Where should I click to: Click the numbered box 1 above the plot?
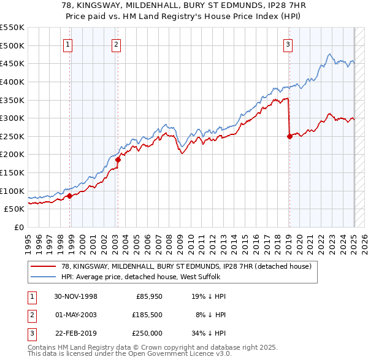point(67,44)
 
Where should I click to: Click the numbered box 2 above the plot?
point(116,44)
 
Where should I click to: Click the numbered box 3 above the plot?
point(288,44)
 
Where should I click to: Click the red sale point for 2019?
point(289,137)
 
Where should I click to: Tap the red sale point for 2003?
point(118,160)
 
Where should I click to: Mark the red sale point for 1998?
point(70,196)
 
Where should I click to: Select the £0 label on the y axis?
point(18,227)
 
